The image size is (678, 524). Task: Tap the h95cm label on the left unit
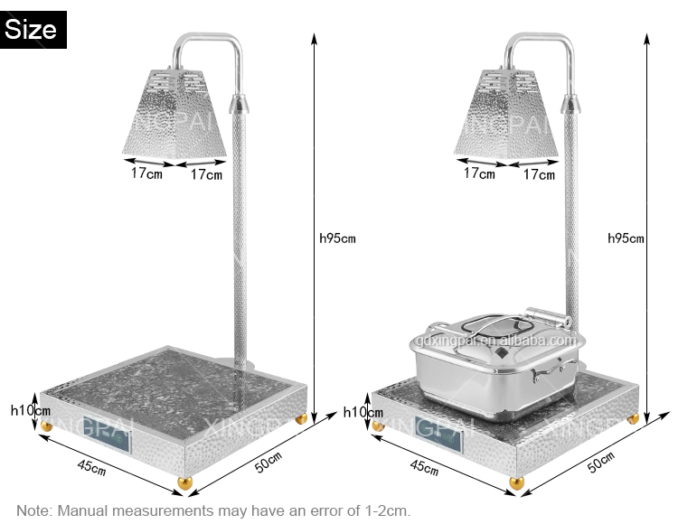(x=338, y=239)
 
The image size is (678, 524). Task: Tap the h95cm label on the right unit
(x=626, y=239)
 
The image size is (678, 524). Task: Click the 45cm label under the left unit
(x=90, y=468)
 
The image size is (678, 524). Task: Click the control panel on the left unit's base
(x=108, y=435)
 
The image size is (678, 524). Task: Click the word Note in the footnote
(x=34, y=510)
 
